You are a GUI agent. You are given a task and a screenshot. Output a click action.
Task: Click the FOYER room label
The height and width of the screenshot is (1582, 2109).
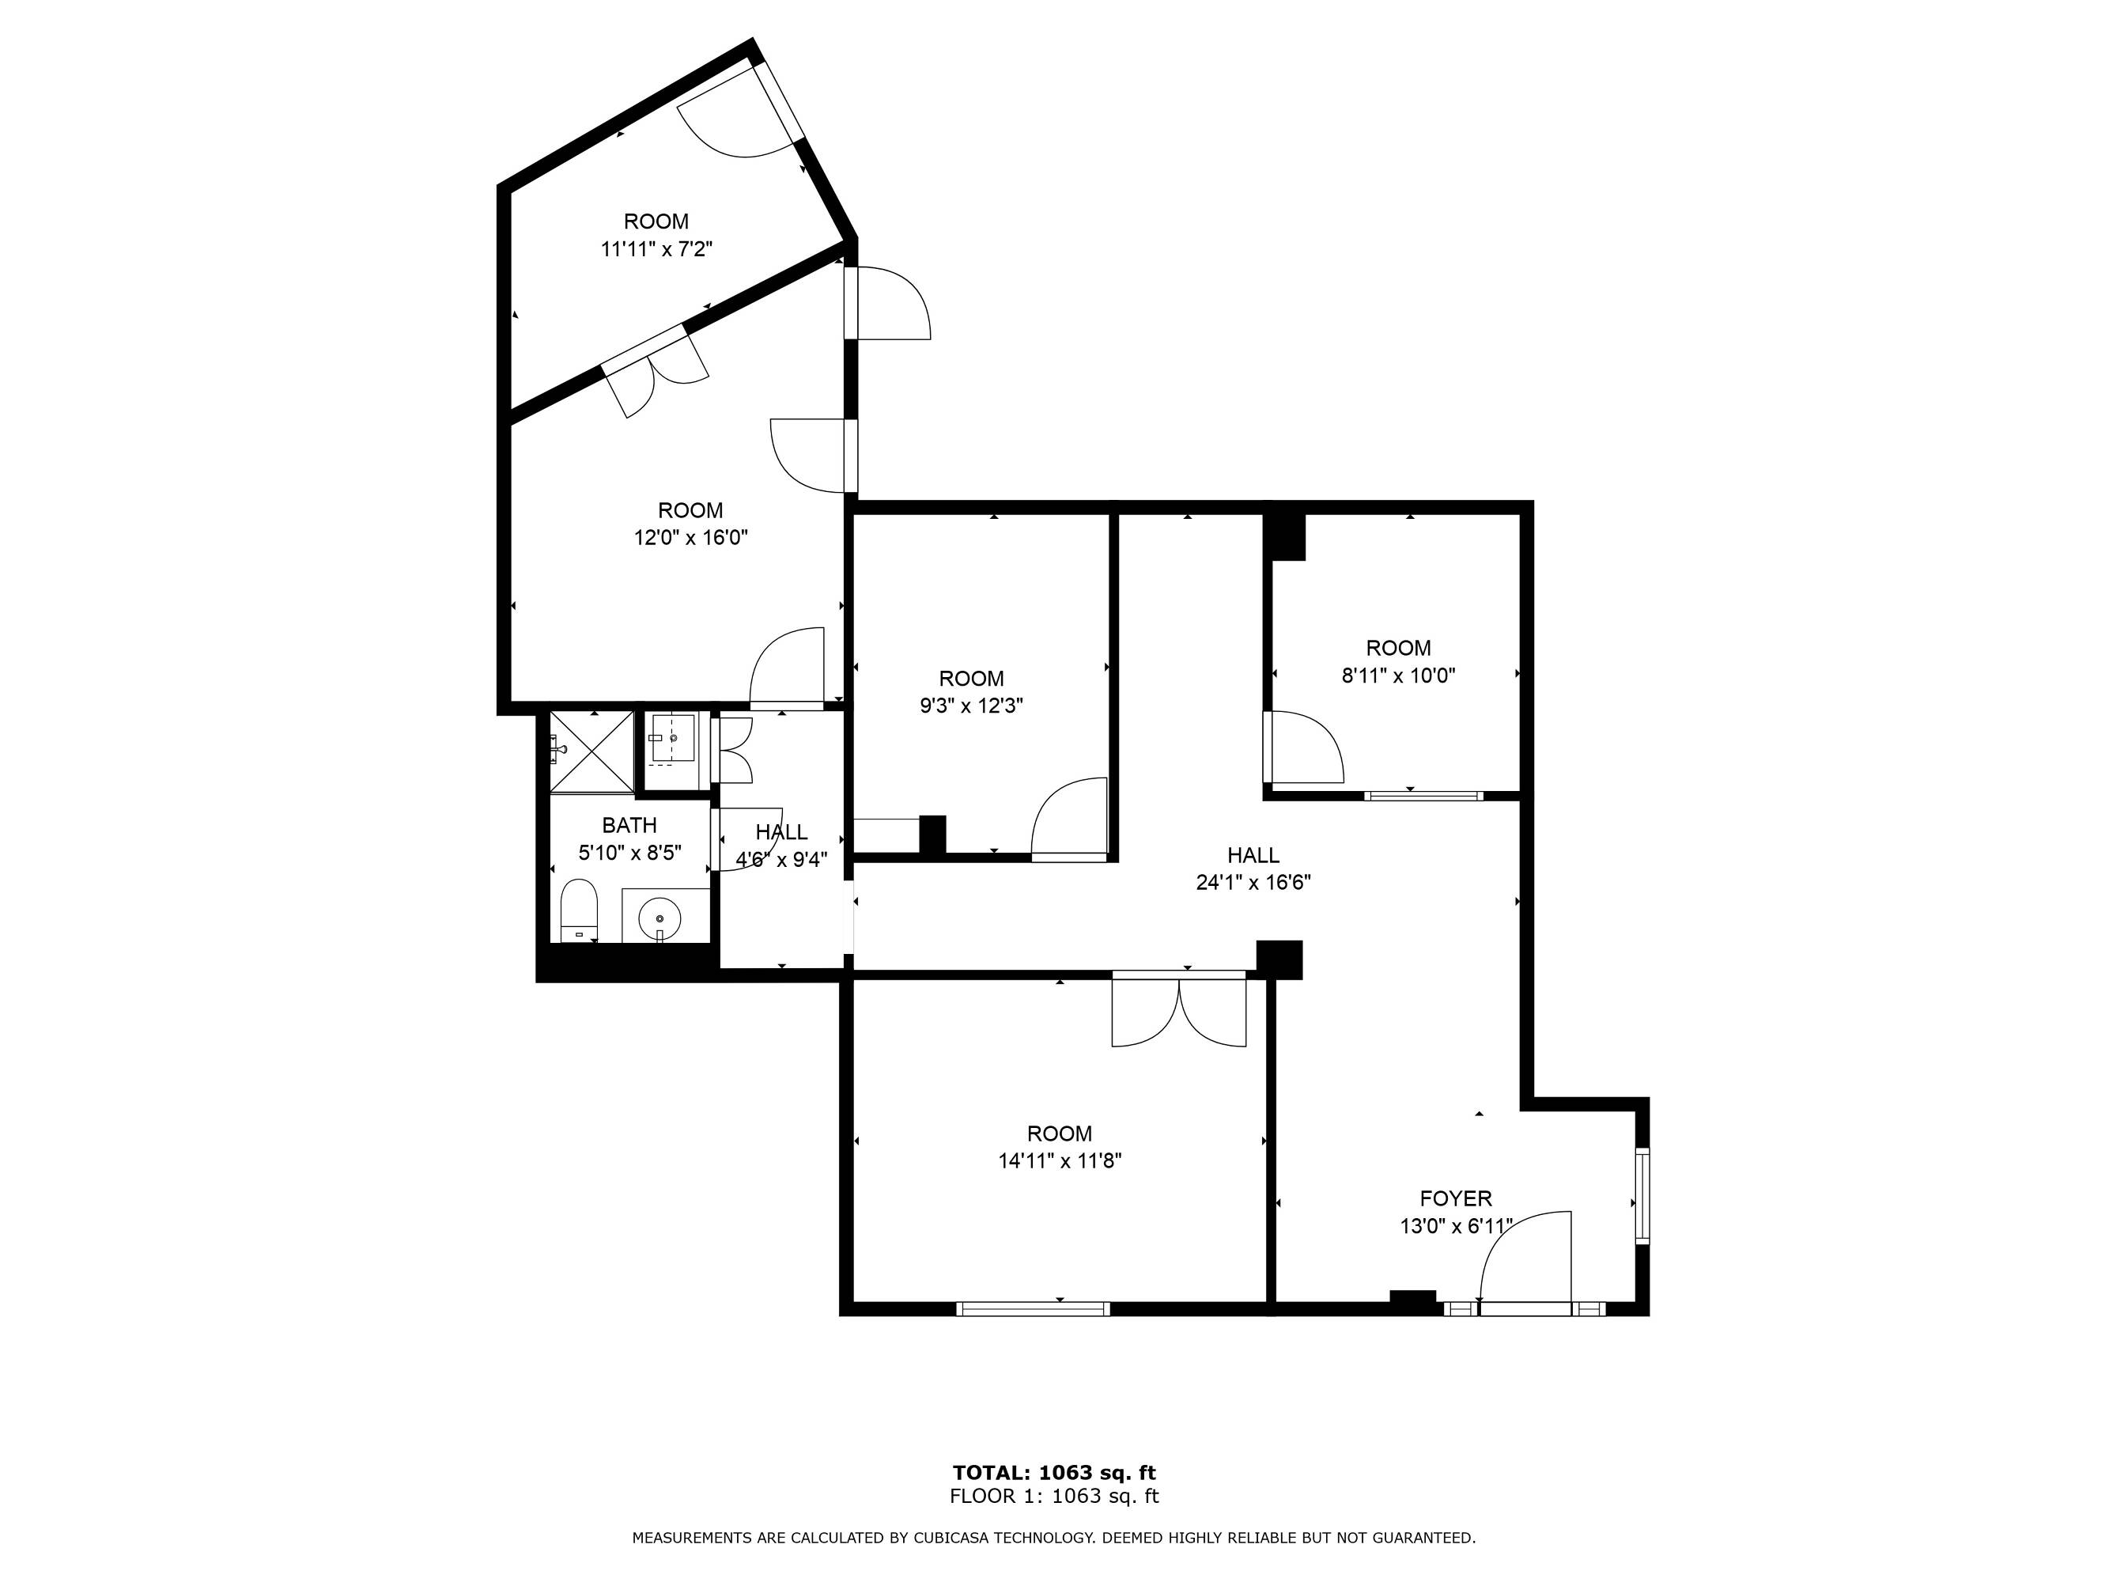1455,1198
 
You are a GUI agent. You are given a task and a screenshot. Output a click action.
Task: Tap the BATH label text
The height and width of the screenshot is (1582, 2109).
629,825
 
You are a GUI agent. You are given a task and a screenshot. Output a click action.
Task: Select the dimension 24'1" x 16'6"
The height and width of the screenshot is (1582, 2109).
1253,883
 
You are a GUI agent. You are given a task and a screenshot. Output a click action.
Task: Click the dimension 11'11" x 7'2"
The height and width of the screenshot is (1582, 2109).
656,250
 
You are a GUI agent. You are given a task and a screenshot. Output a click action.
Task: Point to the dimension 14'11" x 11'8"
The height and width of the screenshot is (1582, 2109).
1060,1161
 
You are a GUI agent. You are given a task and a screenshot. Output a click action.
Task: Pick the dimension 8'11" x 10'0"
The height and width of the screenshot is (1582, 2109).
1398,676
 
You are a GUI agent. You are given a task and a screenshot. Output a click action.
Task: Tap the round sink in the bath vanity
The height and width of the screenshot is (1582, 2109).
660,919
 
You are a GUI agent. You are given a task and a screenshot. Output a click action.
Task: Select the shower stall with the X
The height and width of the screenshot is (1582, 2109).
592,751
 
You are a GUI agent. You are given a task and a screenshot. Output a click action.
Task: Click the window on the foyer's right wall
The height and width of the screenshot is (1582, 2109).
1642,1196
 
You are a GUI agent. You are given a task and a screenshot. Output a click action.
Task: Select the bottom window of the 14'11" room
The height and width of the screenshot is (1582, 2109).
1033,1309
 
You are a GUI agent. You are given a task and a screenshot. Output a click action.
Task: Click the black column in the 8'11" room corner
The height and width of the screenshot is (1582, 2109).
1285,538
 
